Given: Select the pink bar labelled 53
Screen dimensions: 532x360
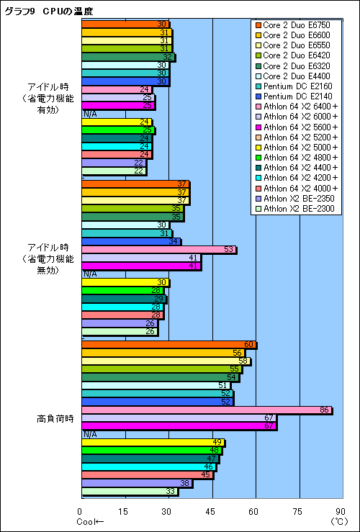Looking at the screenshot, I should tap(158, 249).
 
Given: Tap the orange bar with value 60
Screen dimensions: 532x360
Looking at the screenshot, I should tap(168, 345).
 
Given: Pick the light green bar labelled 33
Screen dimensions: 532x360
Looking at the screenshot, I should tap(130, 491).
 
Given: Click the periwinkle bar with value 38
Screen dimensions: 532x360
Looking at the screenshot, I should tap(137, 483).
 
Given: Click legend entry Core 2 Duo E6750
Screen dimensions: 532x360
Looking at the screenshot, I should tap(295, 25).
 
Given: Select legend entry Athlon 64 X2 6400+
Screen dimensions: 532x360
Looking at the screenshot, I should tap(300, 106).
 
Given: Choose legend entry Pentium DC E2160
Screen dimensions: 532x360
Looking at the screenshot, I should tap(295, 86).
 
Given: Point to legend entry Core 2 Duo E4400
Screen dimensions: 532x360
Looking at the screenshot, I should tap(295, 76).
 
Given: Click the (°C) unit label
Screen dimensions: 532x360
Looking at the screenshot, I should tap(338, 521).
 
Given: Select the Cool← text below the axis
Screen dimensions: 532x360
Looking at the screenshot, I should tap(90, 521).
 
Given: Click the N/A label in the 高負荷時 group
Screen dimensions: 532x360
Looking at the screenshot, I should tap(90, 434).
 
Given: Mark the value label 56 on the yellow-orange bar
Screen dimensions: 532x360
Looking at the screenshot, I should tap(237, 353).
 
